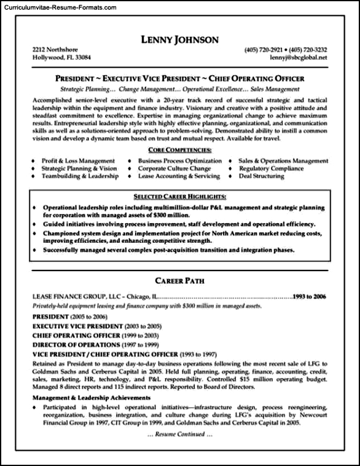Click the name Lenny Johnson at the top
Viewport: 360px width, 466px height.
[179, 40]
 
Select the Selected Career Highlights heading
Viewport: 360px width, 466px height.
[179, 196]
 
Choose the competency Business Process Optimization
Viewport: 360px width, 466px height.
[175, 160]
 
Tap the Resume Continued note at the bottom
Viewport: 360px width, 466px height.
[179, 434]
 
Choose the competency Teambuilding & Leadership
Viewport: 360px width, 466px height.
[80, 176]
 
